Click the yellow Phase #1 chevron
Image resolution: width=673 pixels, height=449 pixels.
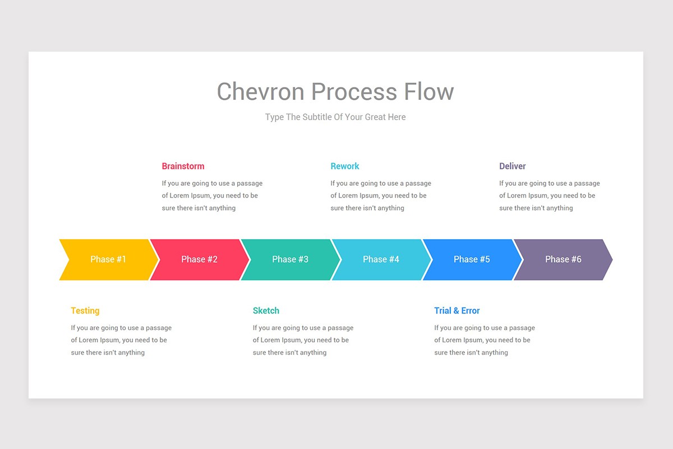click(x=108, y=259)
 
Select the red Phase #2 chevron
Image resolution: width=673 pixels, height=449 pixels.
click(x=199, y=259)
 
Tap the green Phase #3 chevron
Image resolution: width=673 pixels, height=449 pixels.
click(x=290, y=259)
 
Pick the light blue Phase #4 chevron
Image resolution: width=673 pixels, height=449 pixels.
click(x=381, y=259)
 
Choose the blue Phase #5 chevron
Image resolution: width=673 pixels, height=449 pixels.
click(x=472, y=259)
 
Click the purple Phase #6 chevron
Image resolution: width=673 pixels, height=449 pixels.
click(x=563, y=259)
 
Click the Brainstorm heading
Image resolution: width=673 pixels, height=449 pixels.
click(x=183, y=166)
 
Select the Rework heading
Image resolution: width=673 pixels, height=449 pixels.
click(x=345, y=166)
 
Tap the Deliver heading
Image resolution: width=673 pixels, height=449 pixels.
click(x=513, y=166)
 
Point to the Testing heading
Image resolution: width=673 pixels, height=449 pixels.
click(x=85, y=311)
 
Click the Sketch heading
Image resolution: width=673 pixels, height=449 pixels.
click(x=266, y=311)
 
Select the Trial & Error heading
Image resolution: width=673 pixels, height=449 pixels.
click(x=457, y=311)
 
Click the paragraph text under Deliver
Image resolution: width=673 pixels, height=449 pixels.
click(x=549, y=195)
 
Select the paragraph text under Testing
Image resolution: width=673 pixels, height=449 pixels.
click(x=121, y=340)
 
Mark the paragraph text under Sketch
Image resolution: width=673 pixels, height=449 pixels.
click(x=302, y=340)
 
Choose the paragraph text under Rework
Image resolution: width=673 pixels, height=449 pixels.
click(x=380, y=195)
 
